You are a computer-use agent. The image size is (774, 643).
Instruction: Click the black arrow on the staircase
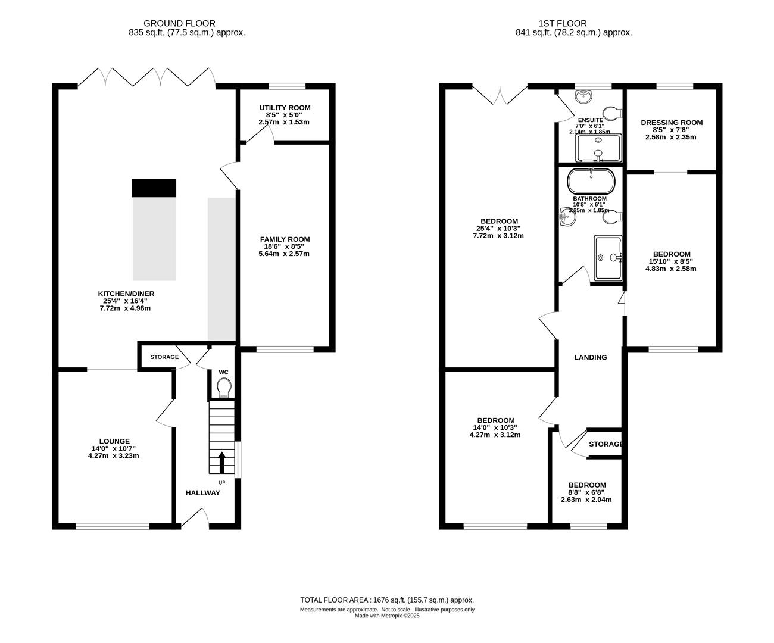[221, 463]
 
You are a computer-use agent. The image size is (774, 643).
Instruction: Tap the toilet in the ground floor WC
[224, 387]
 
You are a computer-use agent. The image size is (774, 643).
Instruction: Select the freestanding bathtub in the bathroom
[591, 182]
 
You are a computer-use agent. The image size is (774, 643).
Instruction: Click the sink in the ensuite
[583, 96]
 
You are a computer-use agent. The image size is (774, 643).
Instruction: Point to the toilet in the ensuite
[612, 113]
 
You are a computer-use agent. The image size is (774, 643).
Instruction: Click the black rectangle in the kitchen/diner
[154, 188]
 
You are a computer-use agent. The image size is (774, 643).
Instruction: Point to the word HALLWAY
[203, 493]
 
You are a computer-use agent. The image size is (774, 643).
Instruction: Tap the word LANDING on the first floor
[591, 357]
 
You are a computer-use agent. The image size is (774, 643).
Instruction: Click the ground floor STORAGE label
[164, 357]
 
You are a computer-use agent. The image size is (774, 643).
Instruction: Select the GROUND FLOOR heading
[179, 24]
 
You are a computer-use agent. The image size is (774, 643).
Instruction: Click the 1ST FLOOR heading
[563, 24]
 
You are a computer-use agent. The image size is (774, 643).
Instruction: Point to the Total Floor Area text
[387, 600]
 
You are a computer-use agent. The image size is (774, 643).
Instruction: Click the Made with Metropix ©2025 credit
[387, 616]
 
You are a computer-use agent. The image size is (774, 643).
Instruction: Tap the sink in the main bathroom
[567, 216]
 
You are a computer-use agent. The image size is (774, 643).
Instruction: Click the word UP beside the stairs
[221, 482]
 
